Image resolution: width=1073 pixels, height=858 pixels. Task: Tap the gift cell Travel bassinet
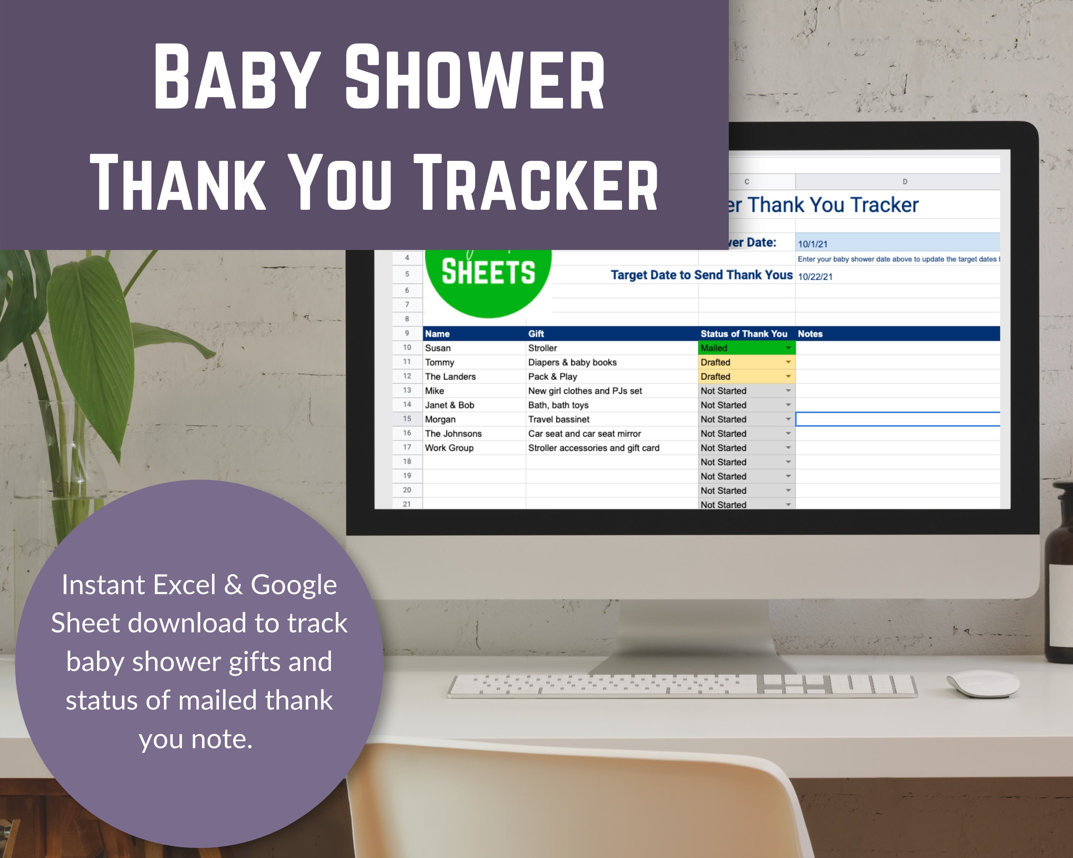tap(558, 419)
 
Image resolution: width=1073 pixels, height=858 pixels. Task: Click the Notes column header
tap(810, 334)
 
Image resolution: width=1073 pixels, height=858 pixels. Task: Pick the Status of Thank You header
tap(743, 334)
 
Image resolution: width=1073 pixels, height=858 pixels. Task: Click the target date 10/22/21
tap(815, 277)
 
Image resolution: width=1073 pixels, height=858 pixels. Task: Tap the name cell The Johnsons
tap(453, 434)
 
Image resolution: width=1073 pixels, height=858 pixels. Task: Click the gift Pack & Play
tap(552, 377)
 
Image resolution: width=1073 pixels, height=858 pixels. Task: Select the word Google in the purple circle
tap(294, 585)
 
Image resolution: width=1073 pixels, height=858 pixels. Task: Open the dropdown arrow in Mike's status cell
tap(788, 391)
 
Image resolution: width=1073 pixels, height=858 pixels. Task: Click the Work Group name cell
tap(449, 447)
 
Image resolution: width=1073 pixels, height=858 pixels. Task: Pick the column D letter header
tap(904, 181)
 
